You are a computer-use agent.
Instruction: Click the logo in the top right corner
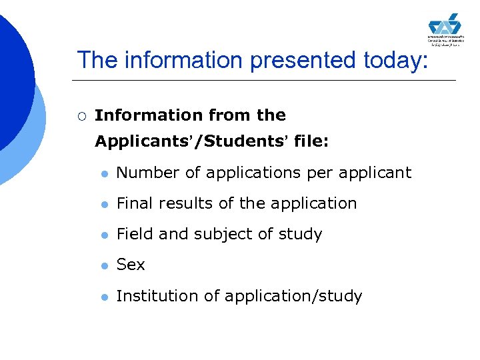tap(445, 29)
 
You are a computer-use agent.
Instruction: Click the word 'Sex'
tap(131, 265)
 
